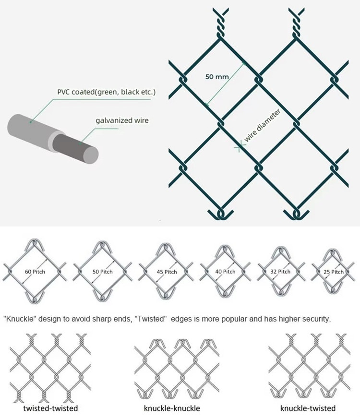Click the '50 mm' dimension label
coord(217,77)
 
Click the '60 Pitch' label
coord(35,272)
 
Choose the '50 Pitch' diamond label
coord(102,272)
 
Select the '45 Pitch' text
coord(167,272)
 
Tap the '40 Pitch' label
coord(225,272)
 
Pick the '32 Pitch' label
coord(280,272)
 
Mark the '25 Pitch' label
coord(334,272)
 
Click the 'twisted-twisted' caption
coord(50,408)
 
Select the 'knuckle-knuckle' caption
coord(172,408)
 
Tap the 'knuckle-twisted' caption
coord(308,408)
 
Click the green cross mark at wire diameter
coord(239,147)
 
